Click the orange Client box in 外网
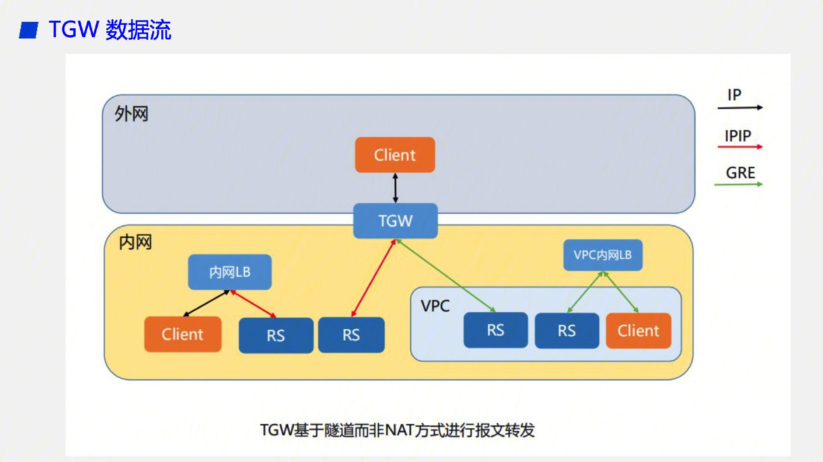(x=395, y=155)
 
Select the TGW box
(x=395, y=221)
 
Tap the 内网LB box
(x=230, y=272)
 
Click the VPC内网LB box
(x=603, y=255)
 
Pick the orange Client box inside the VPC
(x=638, y=331)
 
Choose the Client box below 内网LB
(x=183, y=334)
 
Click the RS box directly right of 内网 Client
(x=276, y=335)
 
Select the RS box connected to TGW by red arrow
(x=351, y=335)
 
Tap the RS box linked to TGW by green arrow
(x=495, y=330)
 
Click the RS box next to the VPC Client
(x=566, y=331)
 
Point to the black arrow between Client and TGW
(x=395, y=188)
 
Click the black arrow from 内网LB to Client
(x=206, y=303)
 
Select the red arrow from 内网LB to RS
(x=253, y=304)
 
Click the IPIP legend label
(x=738, y=136)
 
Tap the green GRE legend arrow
(x=738, y=184)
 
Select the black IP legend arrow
(x=740, y=107)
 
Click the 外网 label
(x=131, y=114)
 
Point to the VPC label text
(x=435, y=306)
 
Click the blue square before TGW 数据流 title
(x=29, y=30)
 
